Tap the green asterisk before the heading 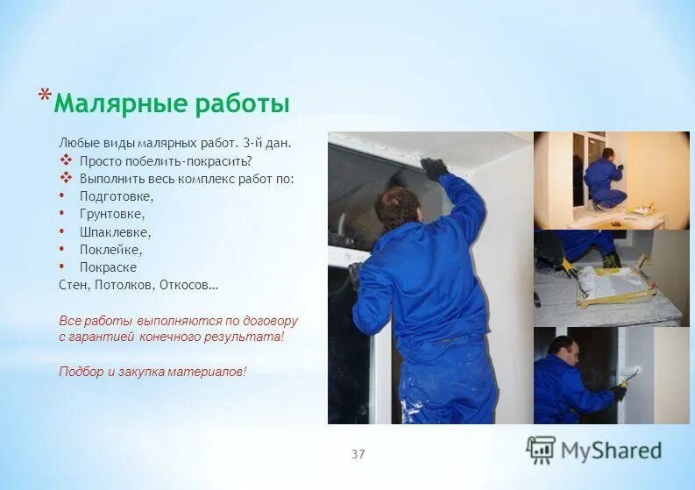coord(44,96)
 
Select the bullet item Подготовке coord(116,196)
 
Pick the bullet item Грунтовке coord(112,214)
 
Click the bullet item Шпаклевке coord(115,232)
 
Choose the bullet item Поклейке coord(110,250)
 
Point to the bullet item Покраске coord(108,267)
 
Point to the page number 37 coord(358,454)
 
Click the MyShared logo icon coord(541,450)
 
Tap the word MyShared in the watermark coord(611,451)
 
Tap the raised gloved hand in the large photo coord(433,167)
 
